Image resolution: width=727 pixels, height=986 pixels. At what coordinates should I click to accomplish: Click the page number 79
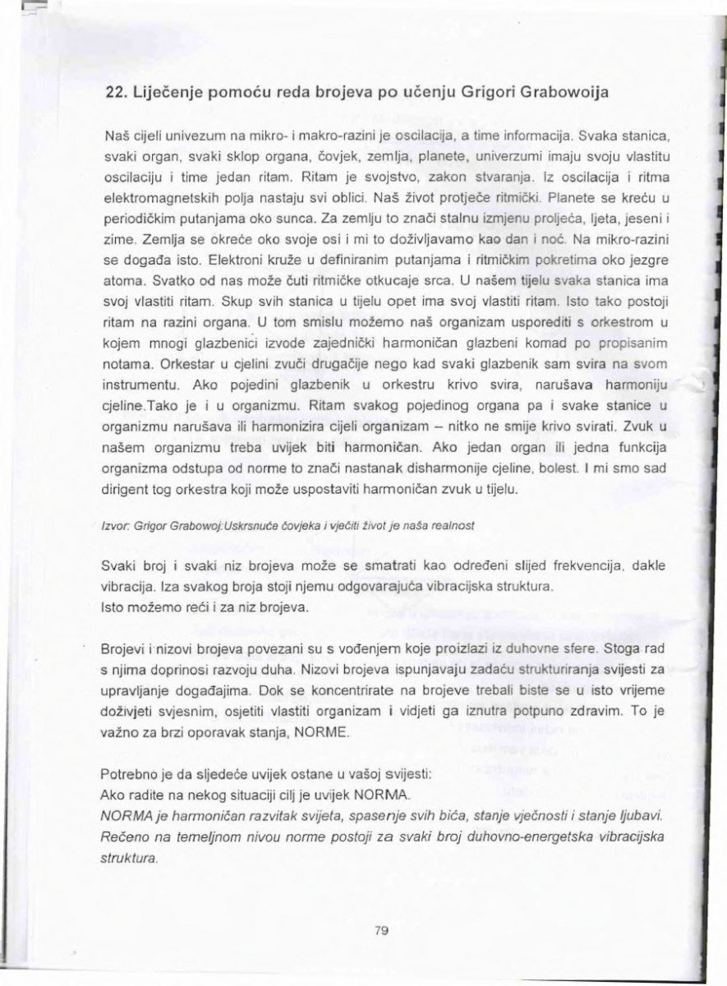380,931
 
